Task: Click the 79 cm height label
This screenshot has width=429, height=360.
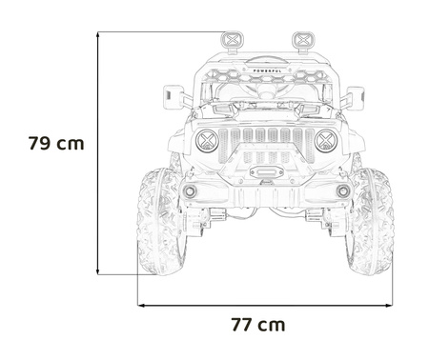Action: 56,145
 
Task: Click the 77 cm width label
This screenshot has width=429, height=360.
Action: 257,325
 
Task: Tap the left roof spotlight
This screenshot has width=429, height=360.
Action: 232,40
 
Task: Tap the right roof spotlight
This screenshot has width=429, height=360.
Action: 303,40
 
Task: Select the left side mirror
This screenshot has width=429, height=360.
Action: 174,95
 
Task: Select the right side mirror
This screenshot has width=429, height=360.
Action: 356,96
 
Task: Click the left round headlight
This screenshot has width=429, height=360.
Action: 207,142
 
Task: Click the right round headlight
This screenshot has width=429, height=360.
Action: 325,142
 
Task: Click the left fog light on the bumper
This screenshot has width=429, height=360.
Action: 190,191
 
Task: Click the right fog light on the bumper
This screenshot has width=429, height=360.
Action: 343,191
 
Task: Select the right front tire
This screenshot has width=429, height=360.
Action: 372,222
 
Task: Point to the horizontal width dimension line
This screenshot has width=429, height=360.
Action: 266,305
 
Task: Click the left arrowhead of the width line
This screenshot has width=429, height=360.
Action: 142,305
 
